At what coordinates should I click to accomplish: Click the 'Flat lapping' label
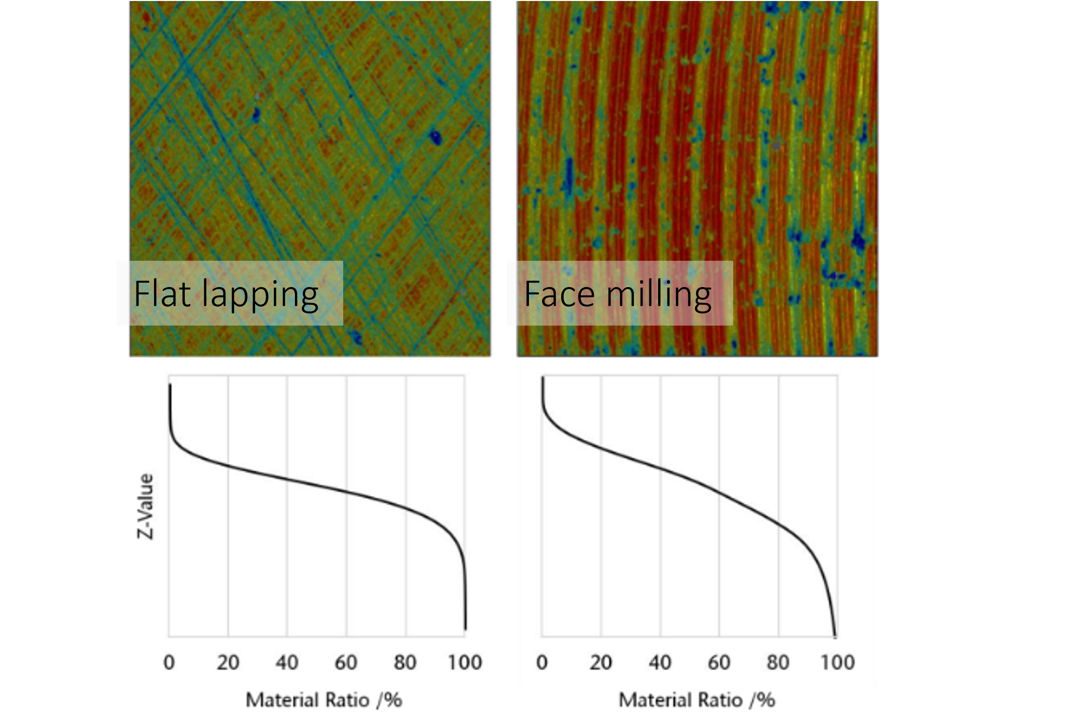226,294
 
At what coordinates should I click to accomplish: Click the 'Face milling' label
618,294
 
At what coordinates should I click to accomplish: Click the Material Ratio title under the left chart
324,700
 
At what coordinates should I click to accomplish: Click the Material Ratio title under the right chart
697,700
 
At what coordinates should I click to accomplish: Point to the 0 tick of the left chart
169,662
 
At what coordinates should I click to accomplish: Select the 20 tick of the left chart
228,662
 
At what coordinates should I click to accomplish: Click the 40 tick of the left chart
287,662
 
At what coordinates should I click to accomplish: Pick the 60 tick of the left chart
346,662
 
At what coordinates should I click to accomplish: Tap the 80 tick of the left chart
405,662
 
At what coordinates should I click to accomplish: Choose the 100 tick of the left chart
465,662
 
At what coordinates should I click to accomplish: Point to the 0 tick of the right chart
542,662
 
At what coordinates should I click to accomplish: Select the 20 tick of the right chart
601,662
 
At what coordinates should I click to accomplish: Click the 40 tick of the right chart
660,662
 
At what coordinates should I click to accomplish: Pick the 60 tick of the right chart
719,662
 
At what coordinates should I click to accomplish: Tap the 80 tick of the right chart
778,662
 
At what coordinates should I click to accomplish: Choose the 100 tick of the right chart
838,662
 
